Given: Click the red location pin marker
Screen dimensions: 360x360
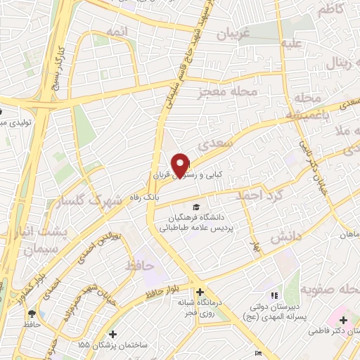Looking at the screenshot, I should [181, 165].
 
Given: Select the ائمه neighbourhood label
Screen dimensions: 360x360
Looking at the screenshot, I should [117, 33].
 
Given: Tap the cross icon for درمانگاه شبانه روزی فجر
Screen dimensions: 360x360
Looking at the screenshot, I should [201, 292].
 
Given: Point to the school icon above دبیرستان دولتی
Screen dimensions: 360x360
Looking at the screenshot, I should [274, 296].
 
